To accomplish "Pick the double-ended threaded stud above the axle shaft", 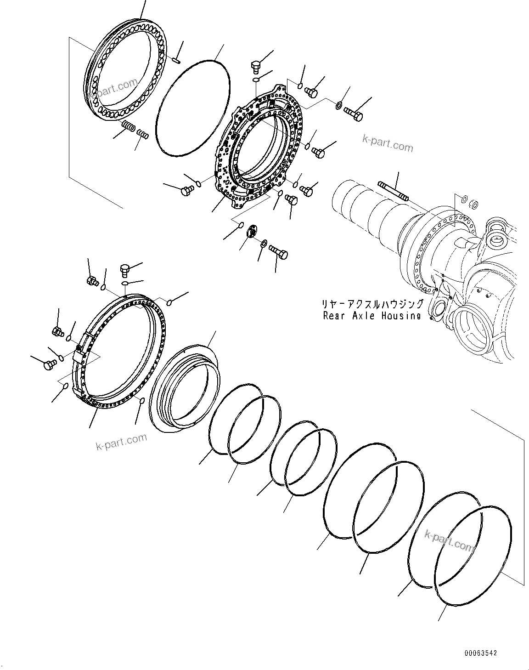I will [393, 191].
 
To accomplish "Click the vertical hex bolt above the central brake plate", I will [256, 67].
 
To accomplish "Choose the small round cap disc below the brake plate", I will [251, 231].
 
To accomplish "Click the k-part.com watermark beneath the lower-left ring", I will [121, 442].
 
